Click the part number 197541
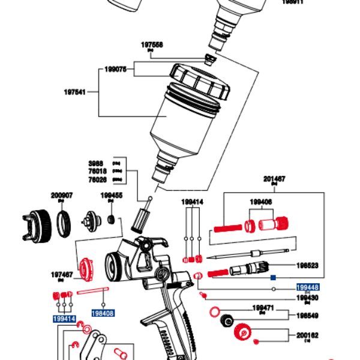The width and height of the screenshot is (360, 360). (x=75, y=92)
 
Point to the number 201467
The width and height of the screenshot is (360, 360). (x=274, y=179)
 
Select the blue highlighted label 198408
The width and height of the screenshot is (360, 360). (x=103, y=313)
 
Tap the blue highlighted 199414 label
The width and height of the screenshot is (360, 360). (x=64, y=319)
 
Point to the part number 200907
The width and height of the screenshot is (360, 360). (x=62, y=195)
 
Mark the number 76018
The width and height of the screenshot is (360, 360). (x=97, y=171)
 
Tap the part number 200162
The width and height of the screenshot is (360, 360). (x=307, y=335)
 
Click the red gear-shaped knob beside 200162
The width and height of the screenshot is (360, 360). (x=244, y=331)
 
